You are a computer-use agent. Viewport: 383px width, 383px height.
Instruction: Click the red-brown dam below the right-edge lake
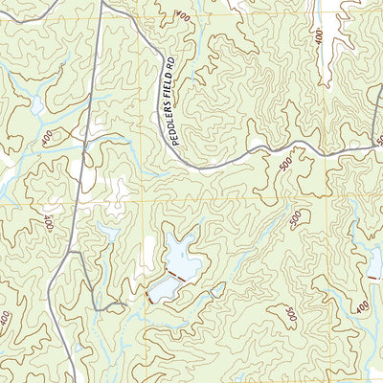pyautogui.click(x=376, y=276)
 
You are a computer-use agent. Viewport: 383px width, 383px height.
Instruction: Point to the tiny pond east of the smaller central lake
pyautogui.click(x=218, y=287)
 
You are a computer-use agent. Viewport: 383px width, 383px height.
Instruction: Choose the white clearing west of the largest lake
pyautogui.click(x=148, y=252)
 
